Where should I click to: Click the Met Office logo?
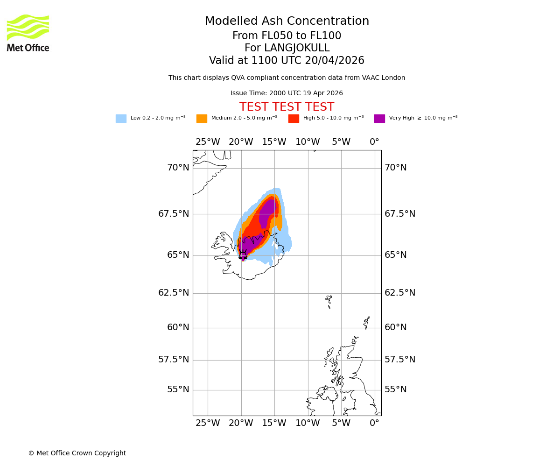tap(28, 33)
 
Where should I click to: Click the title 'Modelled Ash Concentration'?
tap(287, 21)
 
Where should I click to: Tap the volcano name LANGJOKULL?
tap(297, 48)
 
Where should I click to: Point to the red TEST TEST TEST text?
tap(287, 107)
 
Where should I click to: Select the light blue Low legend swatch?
tap(121, 119)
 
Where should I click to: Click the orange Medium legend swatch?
tap(202, 119)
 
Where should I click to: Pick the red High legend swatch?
tap(294, 119)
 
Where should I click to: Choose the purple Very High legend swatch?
tap(379, 119)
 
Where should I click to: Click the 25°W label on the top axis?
tap(208, 142)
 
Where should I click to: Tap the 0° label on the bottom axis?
tap(374, 423)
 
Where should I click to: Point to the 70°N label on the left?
tap(178, 168)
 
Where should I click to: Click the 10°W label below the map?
tap(308, 423)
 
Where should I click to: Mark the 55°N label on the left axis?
tap(178, 389)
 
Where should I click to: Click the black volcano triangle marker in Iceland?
tap(243, 255)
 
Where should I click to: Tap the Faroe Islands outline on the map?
tap(329, 301)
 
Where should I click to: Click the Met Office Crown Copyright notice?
tap(77, 453)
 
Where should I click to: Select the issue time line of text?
tap(287, 93)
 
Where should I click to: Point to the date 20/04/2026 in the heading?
tap(335, 61)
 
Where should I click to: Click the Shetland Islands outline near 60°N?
tap(367, 322)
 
